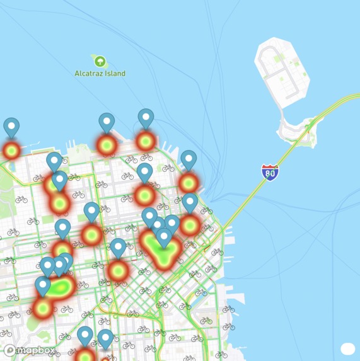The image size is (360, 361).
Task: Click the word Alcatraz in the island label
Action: pos(90,73)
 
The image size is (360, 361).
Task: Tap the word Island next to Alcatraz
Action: pos(115,73)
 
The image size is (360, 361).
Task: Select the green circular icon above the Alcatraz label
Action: pos(100,61)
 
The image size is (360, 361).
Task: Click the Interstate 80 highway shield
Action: pos(270,172)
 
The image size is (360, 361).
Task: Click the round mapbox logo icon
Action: pos(9,350)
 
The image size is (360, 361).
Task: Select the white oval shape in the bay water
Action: pos(347,348)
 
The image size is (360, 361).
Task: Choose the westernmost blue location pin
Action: pos(11,127)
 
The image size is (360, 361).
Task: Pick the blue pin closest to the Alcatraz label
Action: pos(107,122)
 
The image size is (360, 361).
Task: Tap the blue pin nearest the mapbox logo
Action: pos(43,285)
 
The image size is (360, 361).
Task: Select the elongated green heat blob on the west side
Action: pos(59,288)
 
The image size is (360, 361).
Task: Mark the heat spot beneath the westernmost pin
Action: pos(11,151)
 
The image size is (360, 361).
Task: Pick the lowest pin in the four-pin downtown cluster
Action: pos(164,238)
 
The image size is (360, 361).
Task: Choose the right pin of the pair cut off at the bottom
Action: pos(105,338)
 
